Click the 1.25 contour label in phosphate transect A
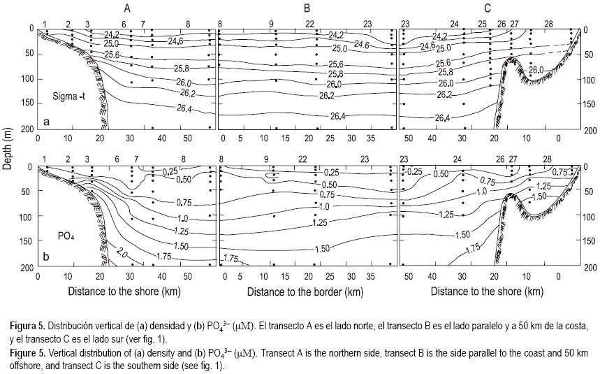[161, 231]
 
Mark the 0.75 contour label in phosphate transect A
[165, 203]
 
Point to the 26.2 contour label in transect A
[168, 92]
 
